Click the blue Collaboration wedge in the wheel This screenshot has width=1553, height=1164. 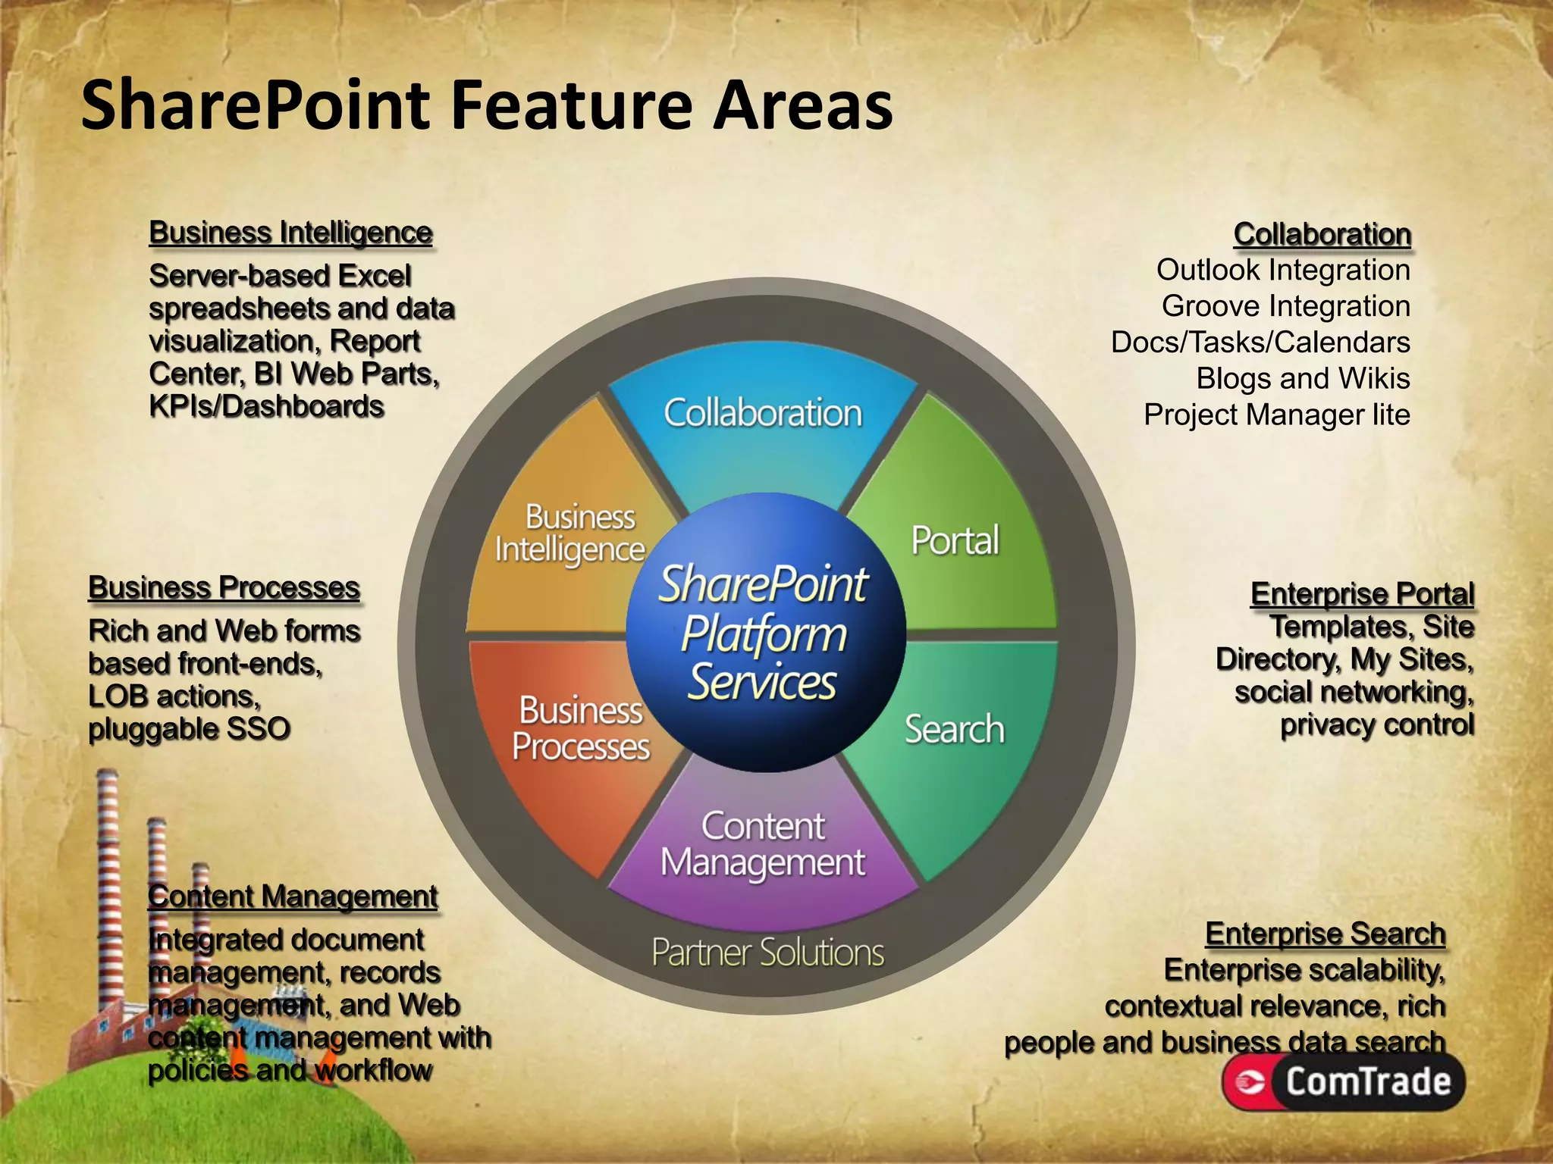pyautogui.click(x=763, y=424)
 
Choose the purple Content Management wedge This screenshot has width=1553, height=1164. pyautogui.click(x=763, y=849)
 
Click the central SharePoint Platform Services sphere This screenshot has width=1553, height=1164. pyautogui.click(x=764, y=633)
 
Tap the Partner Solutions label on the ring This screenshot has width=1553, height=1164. pyautogui.click(x=767, y=953)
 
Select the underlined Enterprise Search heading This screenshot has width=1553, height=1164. pyautogui.click(x=1326, y=934)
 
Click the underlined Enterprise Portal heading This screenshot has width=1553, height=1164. pyautogui.click(x=1362, y=594)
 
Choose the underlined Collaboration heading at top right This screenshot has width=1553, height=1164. pyautogui.click(x=1322, y=234)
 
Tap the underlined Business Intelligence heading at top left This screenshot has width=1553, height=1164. pyautogui.click(x=290, y=233)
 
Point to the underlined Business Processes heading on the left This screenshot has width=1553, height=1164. pyautogui.click(x=224, y=588)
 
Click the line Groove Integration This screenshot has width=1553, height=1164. pyautogui.click(x=1285, y=306)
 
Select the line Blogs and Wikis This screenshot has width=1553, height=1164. pyautogui.click(x=1303, y=378)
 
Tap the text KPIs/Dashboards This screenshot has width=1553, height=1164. pyautogui.click(x=266, y=407)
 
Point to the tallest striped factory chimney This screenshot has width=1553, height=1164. pyautogui.click(x=108, y=879)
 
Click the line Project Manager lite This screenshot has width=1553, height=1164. pyautogui.click(x=1276, y=415)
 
